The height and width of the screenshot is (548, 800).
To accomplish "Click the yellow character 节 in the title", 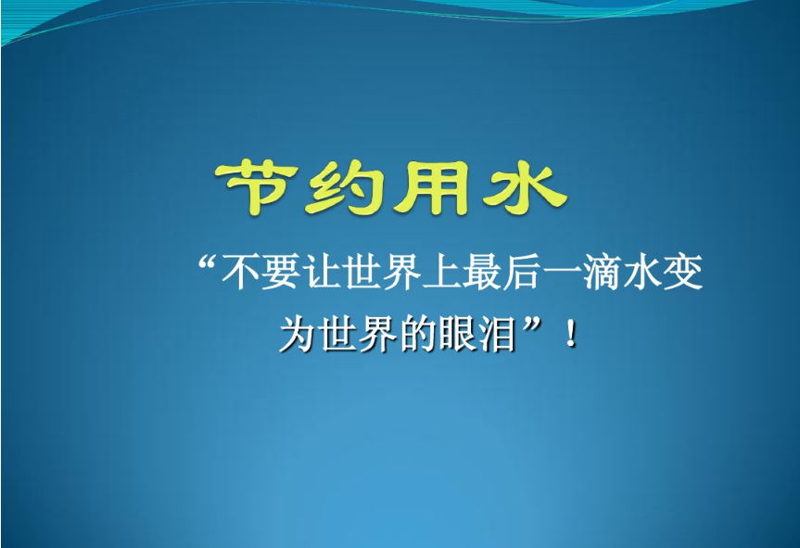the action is tap(257, 187).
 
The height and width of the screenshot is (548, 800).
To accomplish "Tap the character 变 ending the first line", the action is tap(684, 272).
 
